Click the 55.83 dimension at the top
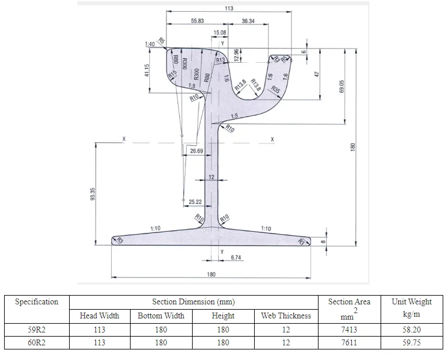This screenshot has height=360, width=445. point(197,20)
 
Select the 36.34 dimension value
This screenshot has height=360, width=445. point(248,20)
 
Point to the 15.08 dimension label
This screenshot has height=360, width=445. point(220,33)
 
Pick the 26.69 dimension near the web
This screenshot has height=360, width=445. point(196,151)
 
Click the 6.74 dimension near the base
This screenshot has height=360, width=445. point(237,258)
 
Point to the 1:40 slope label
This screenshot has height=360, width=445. point(150,44)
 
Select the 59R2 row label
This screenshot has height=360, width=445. point(36,330)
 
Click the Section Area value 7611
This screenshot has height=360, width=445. point(349,342)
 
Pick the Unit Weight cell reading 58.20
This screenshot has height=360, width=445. point(411,330)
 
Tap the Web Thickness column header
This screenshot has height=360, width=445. point(286,316)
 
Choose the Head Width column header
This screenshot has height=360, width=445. point(100,316)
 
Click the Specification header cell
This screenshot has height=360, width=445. point(36,302)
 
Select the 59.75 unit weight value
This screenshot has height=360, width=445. point(411,342)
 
